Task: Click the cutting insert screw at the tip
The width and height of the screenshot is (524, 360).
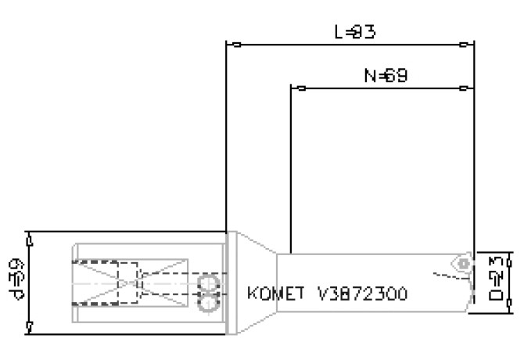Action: tap(465, 264)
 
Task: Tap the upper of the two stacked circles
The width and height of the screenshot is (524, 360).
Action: tap(207, 282)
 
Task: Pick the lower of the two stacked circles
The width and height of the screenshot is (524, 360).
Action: tap(207, 298)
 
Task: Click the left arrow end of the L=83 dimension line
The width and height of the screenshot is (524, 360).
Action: tap(230, 44)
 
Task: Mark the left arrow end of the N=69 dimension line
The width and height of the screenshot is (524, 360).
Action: tap(295, 88)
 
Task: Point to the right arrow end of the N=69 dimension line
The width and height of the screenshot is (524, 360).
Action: tap(468, 88)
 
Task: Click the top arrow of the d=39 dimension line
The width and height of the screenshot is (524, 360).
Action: tap(28, 236)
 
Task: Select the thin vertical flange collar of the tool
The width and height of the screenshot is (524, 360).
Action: tap(231, 282)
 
